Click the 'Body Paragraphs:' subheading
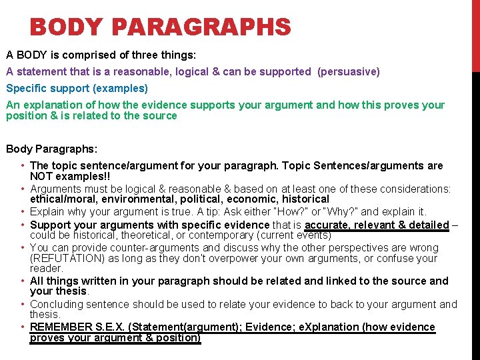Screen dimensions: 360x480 pos(52,149)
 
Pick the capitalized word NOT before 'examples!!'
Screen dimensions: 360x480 pos(42,177)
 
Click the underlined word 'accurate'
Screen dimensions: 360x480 pos(327,225)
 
